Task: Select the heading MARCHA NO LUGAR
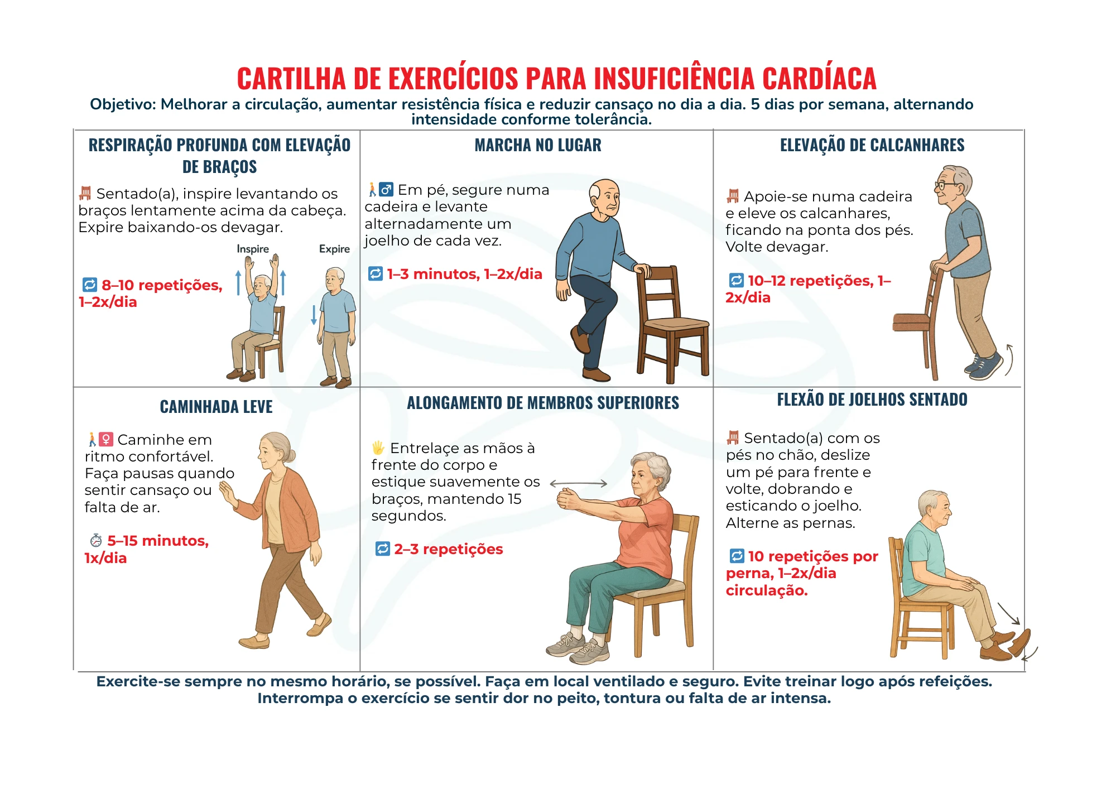click(538, 146)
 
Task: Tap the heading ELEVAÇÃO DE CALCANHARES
click(872, 146)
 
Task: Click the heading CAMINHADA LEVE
click(217, 407)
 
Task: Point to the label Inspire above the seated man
click(253, 249)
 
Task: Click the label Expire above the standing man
click(334, 249)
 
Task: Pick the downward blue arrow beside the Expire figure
click(314, 315)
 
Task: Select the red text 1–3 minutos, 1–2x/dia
click(464, 274)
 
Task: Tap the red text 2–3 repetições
click(448, 549)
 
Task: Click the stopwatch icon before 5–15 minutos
click(96, 541)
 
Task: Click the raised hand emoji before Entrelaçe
click(378, 448)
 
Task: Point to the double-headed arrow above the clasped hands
click(578, 484)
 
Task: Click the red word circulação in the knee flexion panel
click(767, 590)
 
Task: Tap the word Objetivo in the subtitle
click(122, 104)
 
